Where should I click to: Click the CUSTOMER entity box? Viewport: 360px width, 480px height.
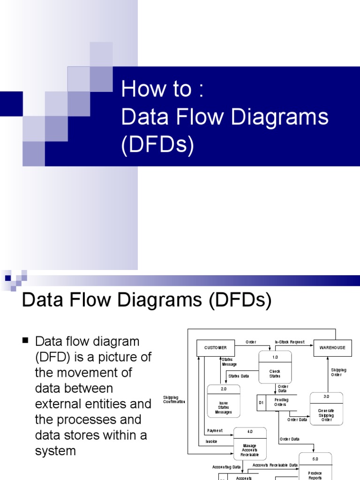[x=216, y=348]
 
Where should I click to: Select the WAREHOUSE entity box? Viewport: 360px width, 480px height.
[x=332, y=348]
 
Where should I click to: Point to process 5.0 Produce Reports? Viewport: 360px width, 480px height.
[x=315, y=469]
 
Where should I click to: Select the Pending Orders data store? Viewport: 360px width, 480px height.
[x=281, y=402]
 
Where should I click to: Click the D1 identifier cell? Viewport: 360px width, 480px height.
[x=261, y=402]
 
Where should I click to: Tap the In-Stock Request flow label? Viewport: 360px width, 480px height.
[x=290, y=342]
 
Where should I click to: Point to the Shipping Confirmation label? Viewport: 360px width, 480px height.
[x=174, y=399]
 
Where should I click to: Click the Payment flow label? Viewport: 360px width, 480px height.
[x=215, y=430]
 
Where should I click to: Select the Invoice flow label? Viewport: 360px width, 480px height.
[x=211, y=442]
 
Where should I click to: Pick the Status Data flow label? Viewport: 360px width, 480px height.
[x=239, y=376]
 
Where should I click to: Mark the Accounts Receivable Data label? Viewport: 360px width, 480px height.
[x=275, y=465]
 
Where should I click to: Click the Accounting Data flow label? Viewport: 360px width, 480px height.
[x=226, y=467]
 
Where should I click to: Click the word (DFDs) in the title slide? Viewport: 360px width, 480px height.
[x=157, y=146]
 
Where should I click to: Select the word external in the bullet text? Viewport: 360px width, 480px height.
[x=60, y=404]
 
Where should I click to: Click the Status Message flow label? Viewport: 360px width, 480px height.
[x=229, y=362]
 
